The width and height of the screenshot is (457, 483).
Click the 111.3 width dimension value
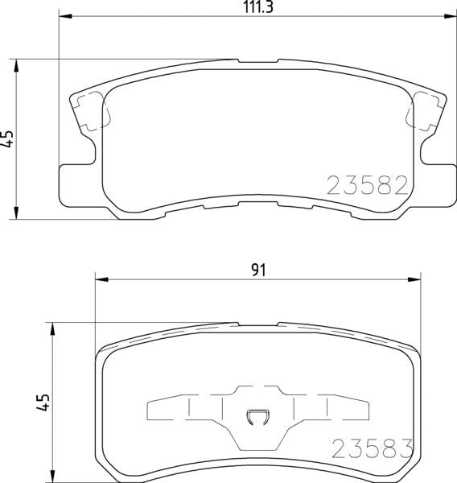point(258,6)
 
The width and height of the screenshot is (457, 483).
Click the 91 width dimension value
point(259,270)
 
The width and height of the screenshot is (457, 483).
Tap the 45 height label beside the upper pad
point(8,138)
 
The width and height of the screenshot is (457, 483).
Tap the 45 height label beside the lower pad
point(43,402)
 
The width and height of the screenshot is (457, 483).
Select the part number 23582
point(368,185)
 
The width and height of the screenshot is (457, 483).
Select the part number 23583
point(372,448)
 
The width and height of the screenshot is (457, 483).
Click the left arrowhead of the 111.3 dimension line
point(65,16)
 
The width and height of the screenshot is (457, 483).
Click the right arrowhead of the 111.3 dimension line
point(449,16)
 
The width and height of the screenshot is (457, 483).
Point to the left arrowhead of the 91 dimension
point(102,279)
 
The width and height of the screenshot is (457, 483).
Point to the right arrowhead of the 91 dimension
point(414,279)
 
